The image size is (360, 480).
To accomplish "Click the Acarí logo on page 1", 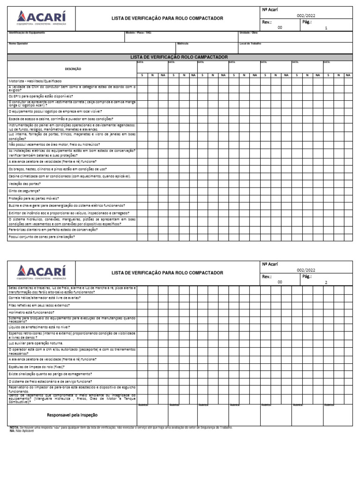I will click(42, 18).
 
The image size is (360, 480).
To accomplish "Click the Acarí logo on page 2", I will click(42, 272).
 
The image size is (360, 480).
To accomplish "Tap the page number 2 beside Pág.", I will click(326, 282).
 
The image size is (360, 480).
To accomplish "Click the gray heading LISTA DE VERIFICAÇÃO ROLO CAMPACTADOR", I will click(179, 57).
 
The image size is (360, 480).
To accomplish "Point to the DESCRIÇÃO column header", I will click(73, 68).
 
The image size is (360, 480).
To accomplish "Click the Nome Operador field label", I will click(18, 44).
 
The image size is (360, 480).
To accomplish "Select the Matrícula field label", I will click(183, 44).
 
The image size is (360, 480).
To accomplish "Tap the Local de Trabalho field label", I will click(250, 44).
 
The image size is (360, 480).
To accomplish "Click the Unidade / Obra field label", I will click(248, 33).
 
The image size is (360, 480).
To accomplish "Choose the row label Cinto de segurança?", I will click(24, 191).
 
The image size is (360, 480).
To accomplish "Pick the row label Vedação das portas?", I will click(24, 184).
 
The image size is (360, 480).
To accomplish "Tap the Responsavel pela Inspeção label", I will click(72, 415).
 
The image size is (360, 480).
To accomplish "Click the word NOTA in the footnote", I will click(14, 427).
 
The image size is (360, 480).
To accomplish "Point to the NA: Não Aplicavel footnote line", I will click(19, 431).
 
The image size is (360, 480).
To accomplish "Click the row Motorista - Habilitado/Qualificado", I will click(37, 81).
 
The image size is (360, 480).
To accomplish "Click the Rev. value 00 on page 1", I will click(280, 28).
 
